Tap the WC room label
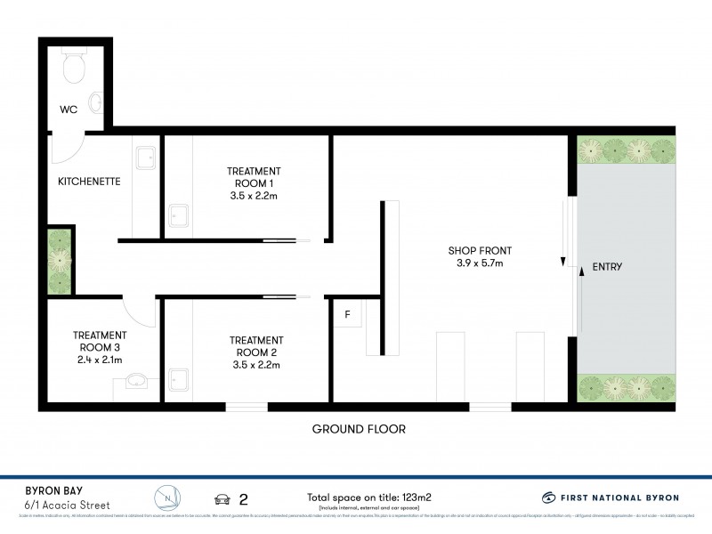tap(69, 110)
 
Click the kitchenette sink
tap(144, 157)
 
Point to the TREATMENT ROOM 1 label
tap(253, 176)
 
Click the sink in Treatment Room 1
tap(179, 214)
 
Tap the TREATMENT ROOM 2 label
tap(256, 346)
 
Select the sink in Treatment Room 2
tap(179, 379)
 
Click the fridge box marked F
tap(347, 314)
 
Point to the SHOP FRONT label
tap(479, 250)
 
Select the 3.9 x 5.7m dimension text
tap(479, 263)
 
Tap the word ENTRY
tap(607, 267)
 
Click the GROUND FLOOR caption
tap(359, 429)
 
